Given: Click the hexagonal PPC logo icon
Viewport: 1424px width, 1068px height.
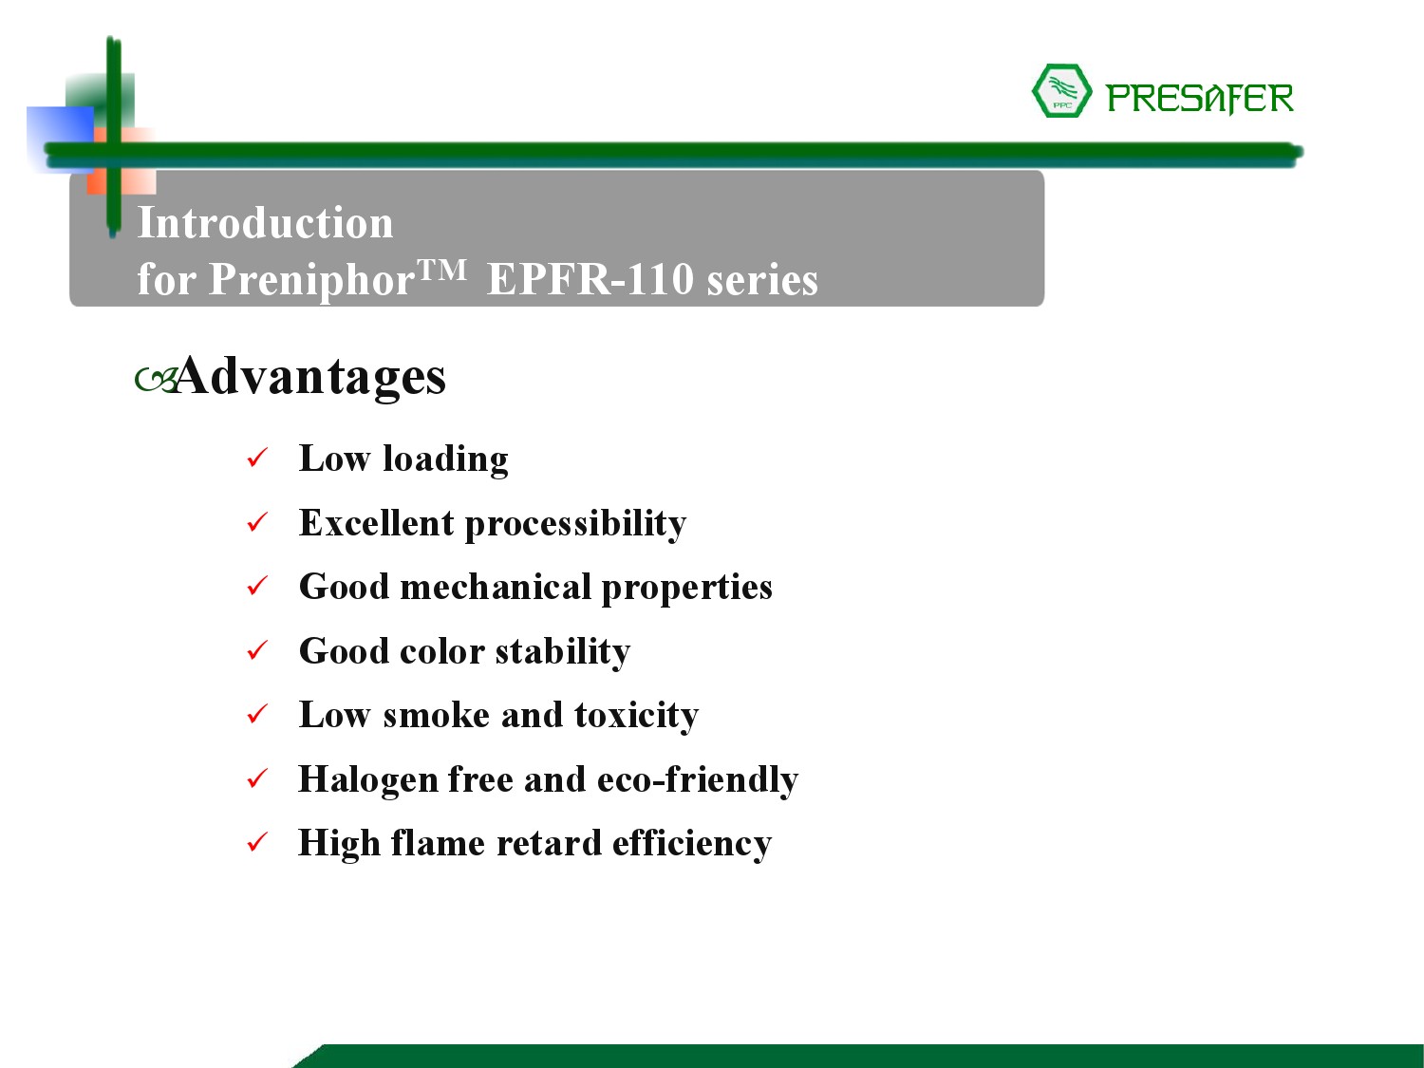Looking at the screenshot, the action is [1061, 91].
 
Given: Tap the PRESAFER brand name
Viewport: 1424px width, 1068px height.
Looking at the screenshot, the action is [1200, 100].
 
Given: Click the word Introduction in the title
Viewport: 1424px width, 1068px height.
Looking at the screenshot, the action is [265, 223].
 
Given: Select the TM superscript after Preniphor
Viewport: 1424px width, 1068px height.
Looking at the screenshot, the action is [441, 268].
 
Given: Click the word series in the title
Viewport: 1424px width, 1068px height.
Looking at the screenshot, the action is [762, 281].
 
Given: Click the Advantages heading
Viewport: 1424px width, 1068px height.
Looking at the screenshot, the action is [310, 376].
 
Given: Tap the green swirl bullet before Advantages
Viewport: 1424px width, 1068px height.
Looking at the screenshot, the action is [156, 381].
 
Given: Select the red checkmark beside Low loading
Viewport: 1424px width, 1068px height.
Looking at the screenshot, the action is [257, 458].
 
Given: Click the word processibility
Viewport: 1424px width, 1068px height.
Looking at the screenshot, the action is [575, 525].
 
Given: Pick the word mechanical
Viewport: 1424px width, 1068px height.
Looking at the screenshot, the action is [496, 587].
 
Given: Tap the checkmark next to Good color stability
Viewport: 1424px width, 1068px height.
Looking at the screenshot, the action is [257, 649].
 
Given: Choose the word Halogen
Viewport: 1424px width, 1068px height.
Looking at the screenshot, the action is [367, 780].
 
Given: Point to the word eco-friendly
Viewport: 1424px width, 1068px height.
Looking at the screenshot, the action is [698, 780].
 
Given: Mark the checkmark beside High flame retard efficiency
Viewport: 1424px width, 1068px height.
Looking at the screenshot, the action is [257, 842].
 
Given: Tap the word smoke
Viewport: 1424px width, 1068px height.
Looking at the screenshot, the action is [437, 715].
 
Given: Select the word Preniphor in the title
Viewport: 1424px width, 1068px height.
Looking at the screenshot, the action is [311, 281].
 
